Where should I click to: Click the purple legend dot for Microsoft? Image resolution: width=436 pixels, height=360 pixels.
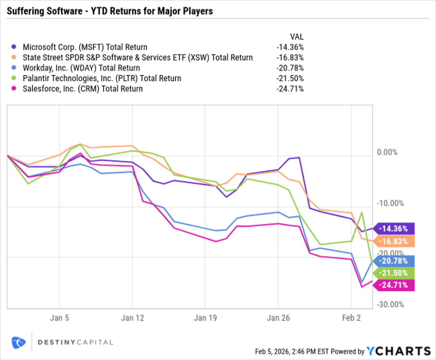point(15,47)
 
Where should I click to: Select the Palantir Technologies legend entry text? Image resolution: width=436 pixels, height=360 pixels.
point(102,78)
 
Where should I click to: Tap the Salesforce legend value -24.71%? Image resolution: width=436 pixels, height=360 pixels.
point(289,88)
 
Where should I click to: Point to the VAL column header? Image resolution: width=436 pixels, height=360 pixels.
point(296,37)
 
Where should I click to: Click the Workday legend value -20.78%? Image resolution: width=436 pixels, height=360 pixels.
point(289,68)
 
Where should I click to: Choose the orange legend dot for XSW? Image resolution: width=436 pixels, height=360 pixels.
point(15,58)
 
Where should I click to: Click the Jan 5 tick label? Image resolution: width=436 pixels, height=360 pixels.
point(60,318)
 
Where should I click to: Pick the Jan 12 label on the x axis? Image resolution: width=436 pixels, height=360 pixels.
point(132,318)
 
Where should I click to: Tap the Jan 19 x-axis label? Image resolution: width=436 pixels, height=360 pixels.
point(205,318)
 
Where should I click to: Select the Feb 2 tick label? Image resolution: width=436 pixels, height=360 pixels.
point(351,318)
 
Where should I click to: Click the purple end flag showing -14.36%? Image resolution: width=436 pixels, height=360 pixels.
point(394,228)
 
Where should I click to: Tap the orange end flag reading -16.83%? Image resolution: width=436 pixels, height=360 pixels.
point(394,241)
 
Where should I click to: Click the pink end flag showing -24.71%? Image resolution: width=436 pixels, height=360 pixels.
point(394,285)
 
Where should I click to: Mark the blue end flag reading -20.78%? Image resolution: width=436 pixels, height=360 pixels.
point(394,260)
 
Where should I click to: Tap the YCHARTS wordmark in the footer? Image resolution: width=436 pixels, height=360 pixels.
point(398,351)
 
